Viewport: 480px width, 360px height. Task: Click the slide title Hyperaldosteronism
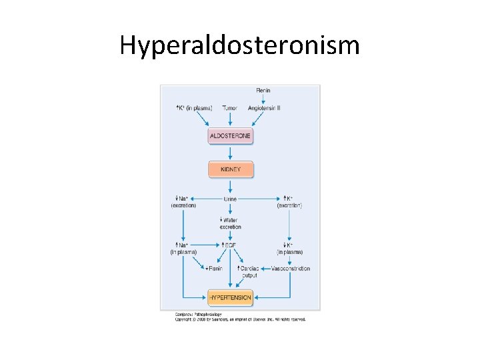coord(239,45)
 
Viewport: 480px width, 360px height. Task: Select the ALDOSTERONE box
coord(230,136)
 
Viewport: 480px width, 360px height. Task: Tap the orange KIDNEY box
coord(231,169)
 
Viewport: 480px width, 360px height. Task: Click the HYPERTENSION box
coord(230,297)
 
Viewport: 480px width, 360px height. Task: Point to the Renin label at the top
coord(263,91)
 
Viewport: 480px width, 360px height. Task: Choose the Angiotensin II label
coord(264,108)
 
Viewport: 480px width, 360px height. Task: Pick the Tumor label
coord(230,108)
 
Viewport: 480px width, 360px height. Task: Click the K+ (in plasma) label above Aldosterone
coord(194,108)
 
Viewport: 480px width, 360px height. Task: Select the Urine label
coord(230,199)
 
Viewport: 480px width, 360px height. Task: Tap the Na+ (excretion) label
coord(183,202)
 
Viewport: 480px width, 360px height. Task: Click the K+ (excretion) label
coord(289,202)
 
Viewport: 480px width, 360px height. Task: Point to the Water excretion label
coord(230,223)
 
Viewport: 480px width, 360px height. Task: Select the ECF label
coord(230,245)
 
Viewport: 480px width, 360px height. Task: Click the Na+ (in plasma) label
coord(183,249)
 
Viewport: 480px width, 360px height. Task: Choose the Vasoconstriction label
coord(291,269)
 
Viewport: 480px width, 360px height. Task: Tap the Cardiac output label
coord(248,271)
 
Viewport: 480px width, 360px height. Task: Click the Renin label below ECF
coord(214,269)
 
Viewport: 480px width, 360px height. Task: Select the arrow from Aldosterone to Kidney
coord(231,153)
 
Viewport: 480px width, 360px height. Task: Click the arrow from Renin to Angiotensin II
coord(263,99)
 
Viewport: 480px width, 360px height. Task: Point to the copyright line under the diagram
coord(240,319)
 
